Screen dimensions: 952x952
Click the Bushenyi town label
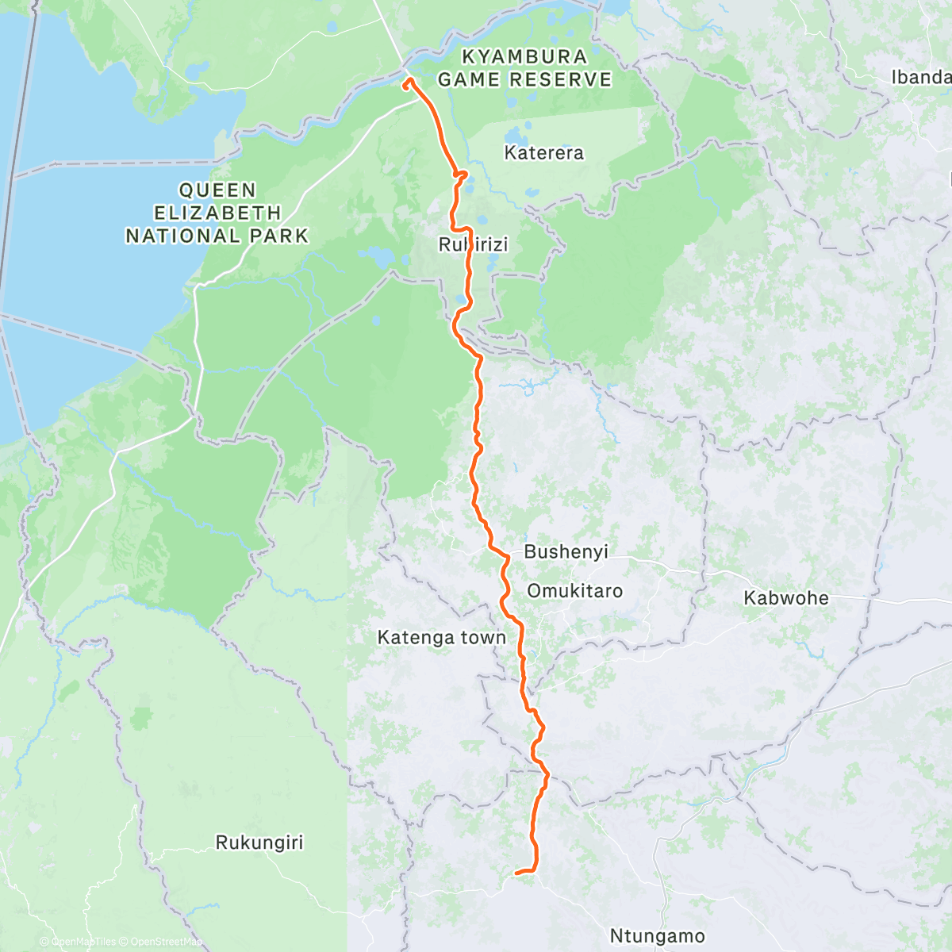pyautogui.click(x=566, y=551)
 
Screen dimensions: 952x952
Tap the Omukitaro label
pyautogui.click(x=574, y=591)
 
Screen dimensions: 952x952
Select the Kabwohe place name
pyautogui.click(x=785, y=598)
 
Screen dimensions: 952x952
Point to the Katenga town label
pyautogui.click(x=441, y=637)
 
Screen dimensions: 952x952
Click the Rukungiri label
pyautogui.click(x=259, y=843)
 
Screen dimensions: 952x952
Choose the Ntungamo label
pyautogui.click(x=657, y=936)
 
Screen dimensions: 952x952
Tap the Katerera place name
pyautogui.click(x=543, y=152)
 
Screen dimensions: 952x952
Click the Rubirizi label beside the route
pyautogui.click(x=473, y=245)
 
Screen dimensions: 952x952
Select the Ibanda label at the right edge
pyautogui.click(x=920, y=77)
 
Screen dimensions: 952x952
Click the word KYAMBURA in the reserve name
pyautogui.click(x=524, y=57)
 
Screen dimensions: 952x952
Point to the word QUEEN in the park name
pyautogui.click(x=217, y=190)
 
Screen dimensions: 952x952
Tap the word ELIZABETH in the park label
pyautogui.click(x=217, y=213)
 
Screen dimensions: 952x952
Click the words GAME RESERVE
pyautogui.click(x=524, y=79)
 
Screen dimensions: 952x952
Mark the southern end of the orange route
pyautogui.click(x=517, y=873)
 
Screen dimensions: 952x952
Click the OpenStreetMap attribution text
pyautogui.click(x=167, y=942)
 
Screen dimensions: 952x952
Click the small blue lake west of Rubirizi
pyautogui.click(x=375, y=258)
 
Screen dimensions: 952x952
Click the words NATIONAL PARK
pyautogui.click(x=217, y=236)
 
